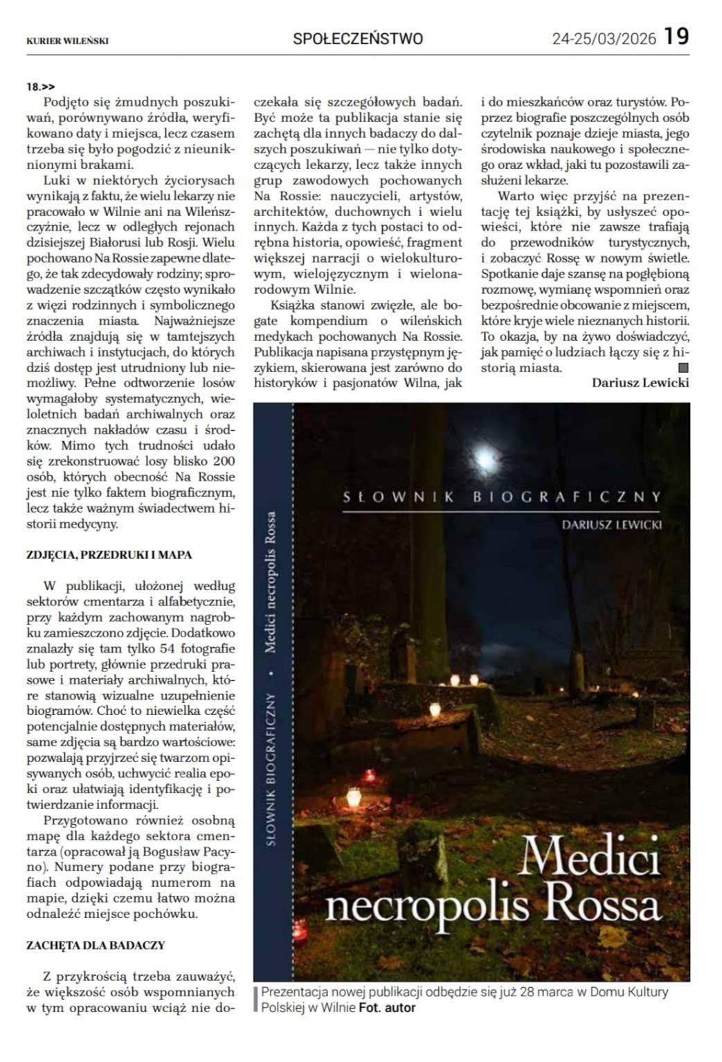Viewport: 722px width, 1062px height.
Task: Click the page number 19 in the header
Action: pyautogui.click(x=677, y=37)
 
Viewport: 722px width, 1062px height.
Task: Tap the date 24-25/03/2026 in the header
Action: pyautogui.click(x=604, y=39)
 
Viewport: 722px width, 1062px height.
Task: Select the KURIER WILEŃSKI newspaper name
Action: pyautogui.click(x=67, y=41)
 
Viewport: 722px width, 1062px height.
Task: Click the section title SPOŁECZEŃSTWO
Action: pyautogui.click(x=358, y=39)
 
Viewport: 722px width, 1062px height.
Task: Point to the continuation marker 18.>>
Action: pyautogui.click(x=41, y=87)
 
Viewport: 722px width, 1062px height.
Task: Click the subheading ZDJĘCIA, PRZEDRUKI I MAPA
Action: pyautogui.click(x=109, y=555)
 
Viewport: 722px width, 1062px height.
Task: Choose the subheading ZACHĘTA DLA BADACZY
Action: pyautogui.click(x=96, y=945)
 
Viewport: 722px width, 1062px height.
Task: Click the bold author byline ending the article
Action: pyautogui.click(x=640, y=382)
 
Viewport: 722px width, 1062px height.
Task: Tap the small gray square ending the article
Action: pyautogui.click(x=684, y=368)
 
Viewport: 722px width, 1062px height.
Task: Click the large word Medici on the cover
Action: pyautogui.click(x=590, y=860)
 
